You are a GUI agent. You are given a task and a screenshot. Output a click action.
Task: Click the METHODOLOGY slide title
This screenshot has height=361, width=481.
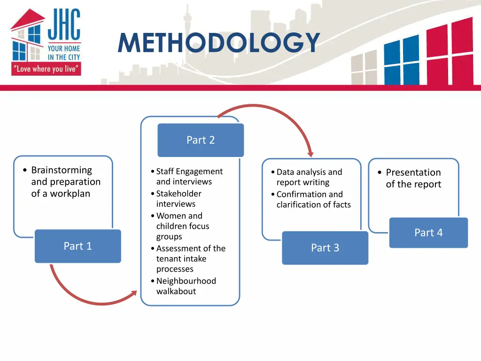219,43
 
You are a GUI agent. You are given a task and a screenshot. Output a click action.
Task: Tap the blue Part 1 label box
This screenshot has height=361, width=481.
78,246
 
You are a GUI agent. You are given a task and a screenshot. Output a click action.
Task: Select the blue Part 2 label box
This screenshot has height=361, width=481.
201,140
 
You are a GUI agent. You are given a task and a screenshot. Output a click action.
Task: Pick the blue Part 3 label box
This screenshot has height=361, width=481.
325,248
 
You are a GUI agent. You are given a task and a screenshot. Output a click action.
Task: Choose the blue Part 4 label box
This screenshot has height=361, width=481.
428,233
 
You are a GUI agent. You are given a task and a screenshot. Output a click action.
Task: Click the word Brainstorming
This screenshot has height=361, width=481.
62,170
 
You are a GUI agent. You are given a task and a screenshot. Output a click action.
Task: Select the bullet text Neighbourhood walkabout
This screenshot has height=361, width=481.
186,286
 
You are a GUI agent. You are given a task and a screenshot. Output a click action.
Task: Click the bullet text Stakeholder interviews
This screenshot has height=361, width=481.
178,198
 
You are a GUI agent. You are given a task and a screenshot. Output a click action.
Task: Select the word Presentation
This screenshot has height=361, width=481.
413,173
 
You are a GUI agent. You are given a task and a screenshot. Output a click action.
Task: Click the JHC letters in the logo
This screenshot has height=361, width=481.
64,26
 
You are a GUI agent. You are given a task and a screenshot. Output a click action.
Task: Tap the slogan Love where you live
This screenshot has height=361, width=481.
46,69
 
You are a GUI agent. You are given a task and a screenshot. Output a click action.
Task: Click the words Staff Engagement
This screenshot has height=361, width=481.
189,172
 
